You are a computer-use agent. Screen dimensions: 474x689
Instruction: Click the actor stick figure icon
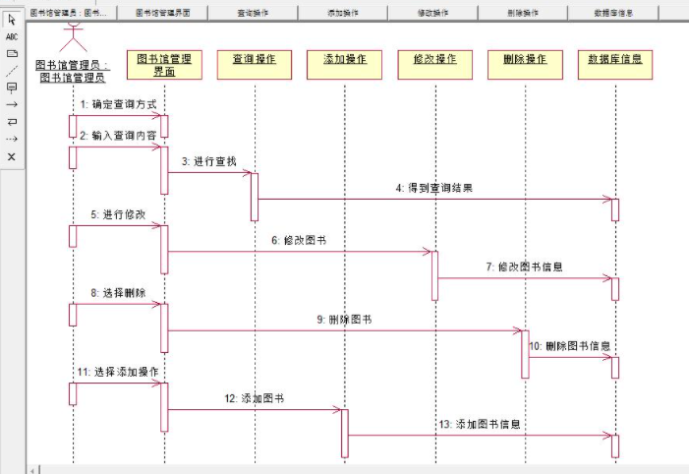(x=72, y=37)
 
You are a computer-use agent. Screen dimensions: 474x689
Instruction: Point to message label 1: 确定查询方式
(x=118, y=103)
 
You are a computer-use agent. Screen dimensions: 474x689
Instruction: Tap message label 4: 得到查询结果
(x=433, y=187)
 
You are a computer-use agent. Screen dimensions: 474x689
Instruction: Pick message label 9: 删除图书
(x=344, y=320)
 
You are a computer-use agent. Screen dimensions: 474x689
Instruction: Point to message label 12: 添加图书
(x=255, y=398)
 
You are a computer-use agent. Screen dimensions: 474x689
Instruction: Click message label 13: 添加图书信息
(x=480, y=424)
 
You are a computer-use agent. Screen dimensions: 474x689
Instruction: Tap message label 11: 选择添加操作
(x=118, y=371)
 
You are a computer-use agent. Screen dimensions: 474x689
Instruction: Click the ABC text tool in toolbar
(x=12, y=36)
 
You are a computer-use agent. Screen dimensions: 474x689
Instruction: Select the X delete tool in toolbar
(x=12, y=156)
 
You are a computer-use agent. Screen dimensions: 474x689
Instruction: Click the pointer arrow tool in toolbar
(x=12, y=20)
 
